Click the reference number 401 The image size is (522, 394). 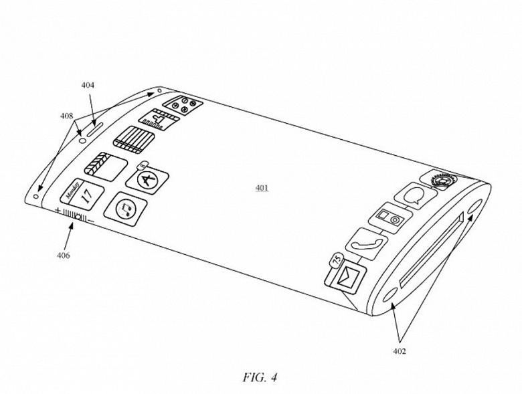(262, 189)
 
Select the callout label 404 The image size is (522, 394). (88, 85)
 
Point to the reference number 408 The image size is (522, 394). (66, 115)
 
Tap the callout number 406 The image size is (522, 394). (63, 255)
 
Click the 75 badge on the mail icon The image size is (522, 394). (337, 258)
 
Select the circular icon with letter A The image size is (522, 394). (147, 179)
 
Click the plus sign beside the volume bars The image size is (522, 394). (58, 211)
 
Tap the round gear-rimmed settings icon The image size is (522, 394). (441, 181)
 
